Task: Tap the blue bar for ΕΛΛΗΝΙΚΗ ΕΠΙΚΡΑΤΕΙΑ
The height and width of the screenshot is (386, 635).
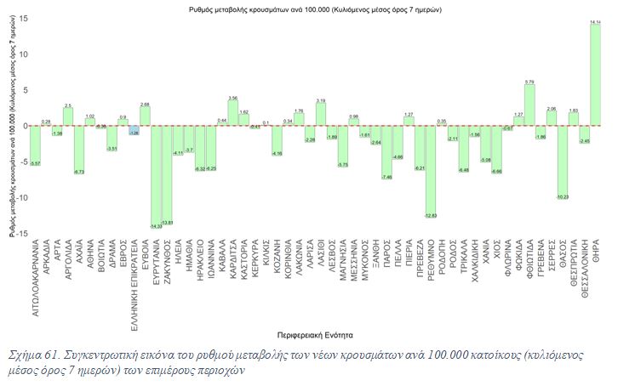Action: [x=134, y=130]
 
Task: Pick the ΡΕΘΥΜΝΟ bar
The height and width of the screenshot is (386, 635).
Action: [x=432, y=171]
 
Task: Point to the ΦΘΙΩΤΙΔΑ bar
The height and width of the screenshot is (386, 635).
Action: [x=529, y=105]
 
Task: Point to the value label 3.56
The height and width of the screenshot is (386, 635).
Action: [x=233, y=97]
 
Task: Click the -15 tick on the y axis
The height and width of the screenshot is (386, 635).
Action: [x=20, y=233]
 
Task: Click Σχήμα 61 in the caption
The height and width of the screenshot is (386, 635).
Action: [x=32, y=354]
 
